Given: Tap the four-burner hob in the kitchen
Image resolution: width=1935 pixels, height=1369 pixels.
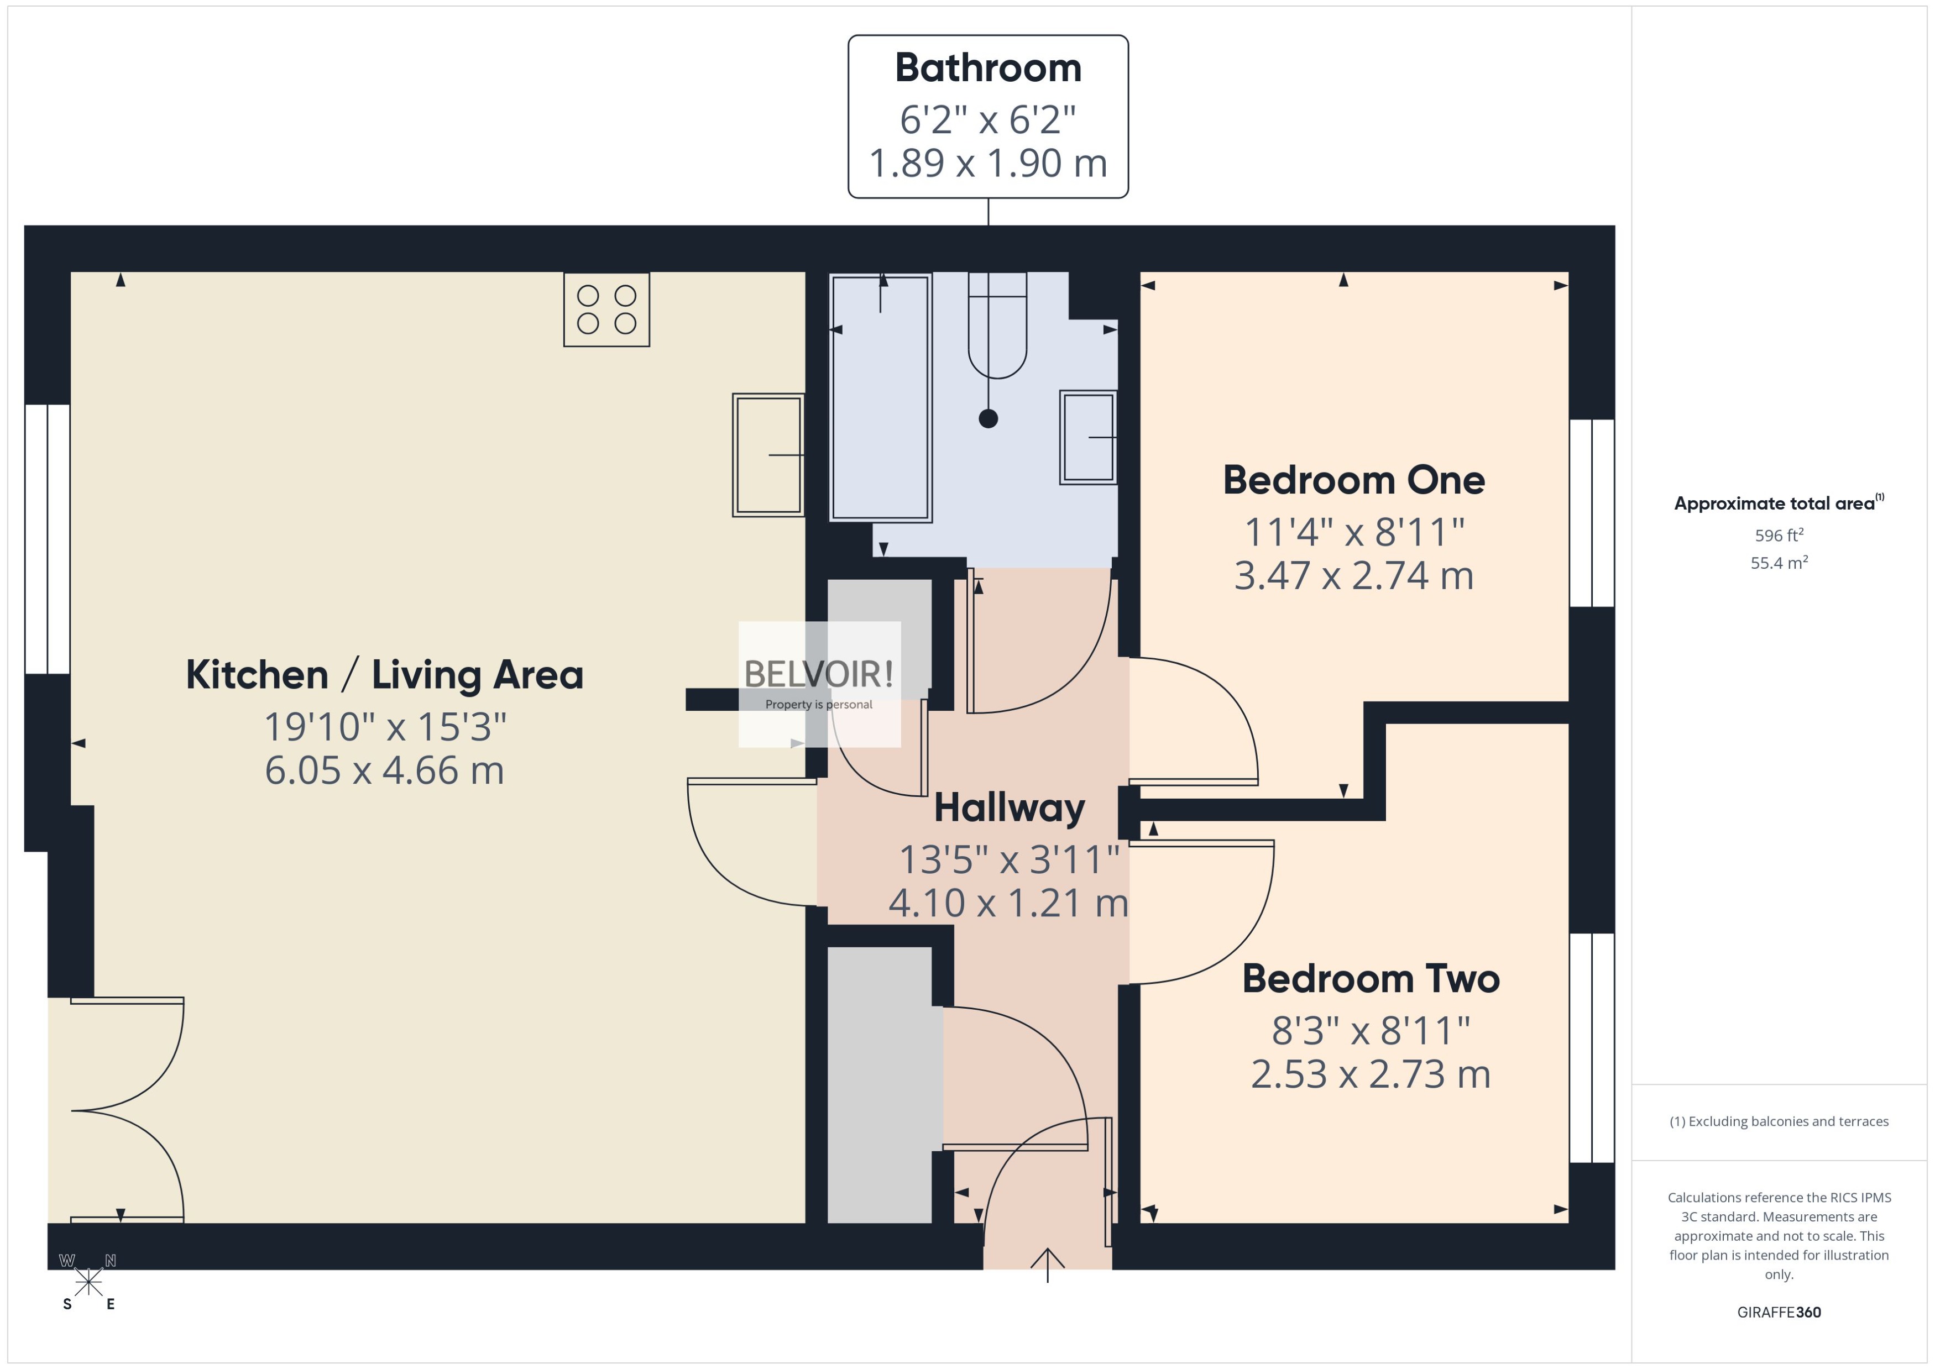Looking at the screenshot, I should click(x=606, y=310).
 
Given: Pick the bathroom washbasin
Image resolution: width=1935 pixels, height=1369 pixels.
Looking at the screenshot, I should click(x=1087, y=438).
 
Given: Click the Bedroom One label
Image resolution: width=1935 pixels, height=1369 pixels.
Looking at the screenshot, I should click(x=1353, y=480).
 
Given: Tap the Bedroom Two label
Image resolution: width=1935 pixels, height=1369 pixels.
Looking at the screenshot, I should click(x=1370, y=979).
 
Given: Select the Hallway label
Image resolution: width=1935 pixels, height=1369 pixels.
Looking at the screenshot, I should click(x=1009, y=807).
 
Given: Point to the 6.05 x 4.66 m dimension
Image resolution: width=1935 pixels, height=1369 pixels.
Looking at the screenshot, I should click(x=384, y=770).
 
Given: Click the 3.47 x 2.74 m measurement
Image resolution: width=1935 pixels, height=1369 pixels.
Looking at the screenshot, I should click(x=1353, y=576).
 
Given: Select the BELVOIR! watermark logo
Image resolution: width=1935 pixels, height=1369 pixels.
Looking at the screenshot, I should click(x=819, y=674).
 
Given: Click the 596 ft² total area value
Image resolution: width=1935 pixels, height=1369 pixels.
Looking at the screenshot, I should click(x=1778, y=536).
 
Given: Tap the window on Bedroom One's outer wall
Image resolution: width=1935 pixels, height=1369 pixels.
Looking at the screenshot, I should click(x=1591, y=512).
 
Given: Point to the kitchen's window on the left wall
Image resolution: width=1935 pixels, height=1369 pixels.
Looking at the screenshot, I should click(x=47, y=539).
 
